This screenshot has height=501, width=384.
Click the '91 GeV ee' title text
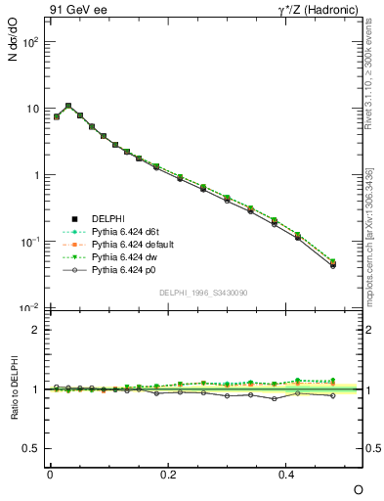pyautogui.click(x=75, y=10)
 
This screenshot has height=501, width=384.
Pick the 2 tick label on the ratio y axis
pyautogui.click(x=35, y=330)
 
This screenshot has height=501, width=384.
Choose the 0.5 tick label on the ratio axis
pyautogui.click(x=31, y=448)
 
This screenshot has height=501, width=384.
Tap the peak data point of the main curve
pyautogui.click(x=68, y=106)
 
